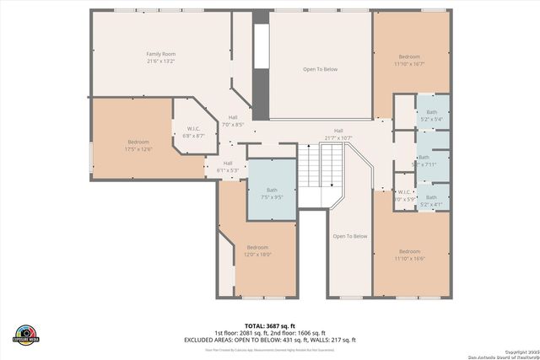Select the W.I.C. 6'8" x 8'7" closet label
(195, 132)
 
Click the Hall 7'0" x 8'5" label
(232, 121)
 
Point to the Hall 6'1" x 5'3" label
(228, 166)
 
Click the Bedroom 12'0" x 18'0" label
(257, 250)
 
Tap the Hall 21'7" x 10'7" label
(337, 134)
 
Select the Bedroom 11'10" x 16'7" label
(409, 60)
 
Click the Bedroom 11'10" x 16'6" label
(409, 255)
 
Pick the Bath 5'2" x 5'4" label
(431, 116)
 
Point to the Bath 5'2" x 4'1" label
(431, 201)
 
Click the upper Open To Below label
(320, 69)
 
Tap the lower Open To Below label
(348, 236)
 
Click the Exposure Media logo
(26, 334)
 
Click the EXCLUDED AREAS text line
(269, 340)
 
